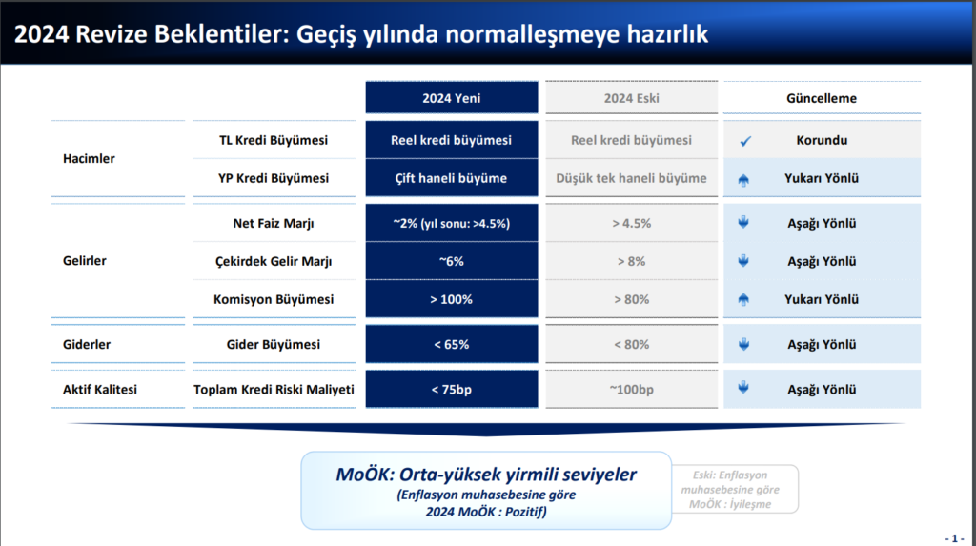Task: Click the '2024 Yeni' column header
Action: click(x=451, y=98)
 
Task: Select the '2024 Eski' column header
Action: click(x=631, y=98)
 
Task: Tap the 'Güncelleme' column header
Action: click(x=821, y=98)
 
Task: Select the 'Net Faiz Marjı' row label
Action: click(x=273, y=224)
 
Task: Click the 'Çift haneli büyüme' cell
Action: click(x=451, y=178)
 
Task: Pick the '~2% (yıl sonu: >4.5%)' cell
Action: click(x=451, y=224)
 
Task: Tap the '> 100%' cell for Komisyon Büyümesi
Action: click(x=451, y=299)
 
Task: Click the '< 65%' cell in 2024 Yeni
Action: click(x=451, y=344)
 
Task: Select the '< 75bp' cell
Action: click(x=451, y=389)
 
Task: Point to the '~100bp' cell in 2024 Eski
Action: click(x=631, y=389)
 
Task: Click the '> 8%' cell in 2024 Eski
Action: click(x=631, y=261)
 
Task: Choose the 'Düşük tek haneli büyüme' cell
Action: click(x=631, y=178)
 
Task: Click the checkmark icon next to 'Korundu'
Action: click(x=745, y=141)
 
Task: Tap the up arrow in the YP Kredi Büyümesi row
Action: click(x=744, y=179)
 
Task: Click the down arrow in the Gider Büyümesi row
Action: click(x=744, y=344)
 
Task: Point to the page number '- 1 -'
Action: click(x=954, y=537)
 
